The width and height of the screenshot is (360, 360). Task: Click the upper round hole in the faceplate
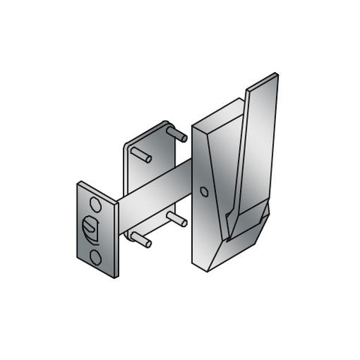pyautogui.click(x=95, y=204)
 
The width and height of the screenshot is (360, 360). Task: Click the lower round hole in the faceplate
pyautogui.click(x=95, y=257)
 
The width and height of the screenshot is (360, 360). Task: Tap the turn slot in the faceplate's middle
pyautogui.click(x=90, y=227)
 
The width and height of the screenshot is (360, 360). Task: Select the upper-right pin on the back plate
pyautogui.click(x=177, y=134)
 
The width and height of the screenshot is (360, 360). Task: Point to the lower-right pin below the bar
pyautogui.click(x=178, y=220)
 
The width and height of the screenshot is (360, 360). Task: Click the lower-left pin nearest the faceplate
pyautogui.click(x=140, y=239)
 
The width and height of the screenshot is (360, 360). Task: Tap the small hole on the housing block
pyautogui.click(x=205, y=192)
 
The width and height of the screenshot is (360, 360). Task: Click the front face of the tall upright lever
pyautogui.click(x=255, y=150)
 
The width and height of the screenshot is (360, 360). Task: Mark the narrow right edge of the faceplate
pyautogui.click(x=116, y=240)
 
